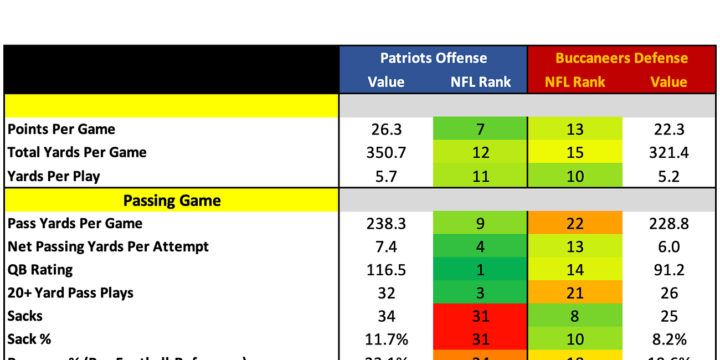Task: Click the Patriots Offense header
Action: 433,58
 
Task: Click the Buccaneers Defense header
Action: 621,58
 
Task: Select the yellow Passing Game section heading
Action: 172,200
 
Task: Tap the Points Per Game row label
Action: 61,129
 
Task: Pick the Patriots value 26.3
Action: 386,129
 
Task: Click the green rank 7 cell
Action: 480,129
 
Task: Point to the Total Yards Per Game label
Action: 77,152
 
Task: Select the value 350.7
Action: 386,152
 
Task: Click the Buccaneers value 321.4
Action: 668,152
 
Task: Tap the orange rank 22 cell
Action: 575,223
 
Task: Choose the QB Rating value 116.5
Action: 386,270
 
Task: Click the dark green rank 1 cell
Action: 480,270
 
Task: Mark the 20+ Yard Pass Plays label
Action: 70,293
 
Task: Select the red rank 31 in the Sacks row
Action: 480,316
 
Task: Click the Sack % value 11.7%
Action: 386,340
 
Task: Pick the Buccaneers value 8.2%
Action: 668,340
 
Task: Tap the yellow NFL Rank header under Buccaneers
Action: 575,82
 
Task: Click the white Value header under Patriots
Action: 386,82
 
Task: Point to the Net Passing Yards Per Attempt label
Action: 108,246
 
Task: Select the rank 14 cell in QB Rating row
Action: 575,270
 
